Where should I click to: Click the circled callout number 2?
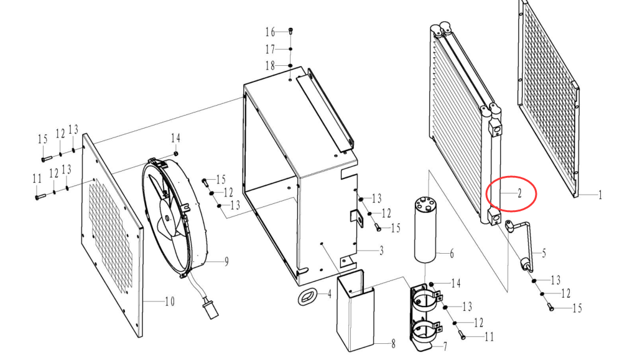(519, 194)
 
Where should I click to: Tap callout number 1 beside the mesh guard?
(600, 195)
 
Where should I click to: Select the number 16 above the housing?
(271, 32)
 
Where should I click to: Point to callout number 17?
(271, 49)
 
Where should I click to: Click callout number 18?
(271, 65)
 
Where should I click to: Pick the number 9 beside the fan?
(226, 262)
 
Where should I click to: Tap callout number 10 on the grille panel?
(170, 302)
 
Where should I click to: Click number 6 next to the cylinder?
(452, 253)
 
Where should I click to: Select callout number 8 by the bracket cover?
(393, 343)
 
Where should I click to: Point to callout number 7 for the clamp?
(445, 346)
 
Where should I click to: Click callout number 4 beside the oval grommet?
(330, 295)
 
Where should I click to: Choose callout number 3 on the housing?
(381, 251)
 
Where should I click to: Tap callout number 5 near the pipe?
(544, 253)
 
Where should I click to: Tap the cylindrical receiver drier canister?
(426, 229)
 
